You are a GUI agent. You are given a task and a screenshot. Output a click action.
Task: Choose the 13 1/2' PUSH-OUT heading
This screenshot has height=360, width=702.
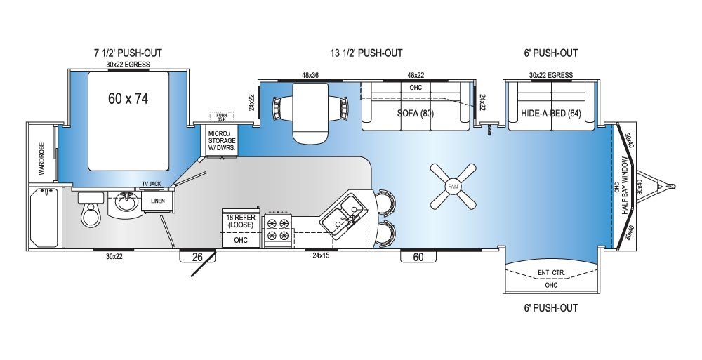pos(366,53)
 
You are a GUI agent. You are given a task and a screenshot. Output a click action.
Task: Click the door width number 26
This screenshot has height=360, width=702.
pos(198,258)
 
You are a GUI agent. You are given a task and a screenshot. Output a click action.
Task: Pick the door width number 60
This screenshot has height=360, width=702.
pos(418,258)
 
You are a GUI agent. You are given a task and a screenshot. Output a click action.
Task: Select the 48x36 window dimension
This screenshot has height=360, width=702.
pos(310,75)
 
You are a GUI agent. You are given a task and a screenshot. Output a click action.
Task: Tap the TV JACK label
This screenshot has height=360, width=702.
pos(152,183)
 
